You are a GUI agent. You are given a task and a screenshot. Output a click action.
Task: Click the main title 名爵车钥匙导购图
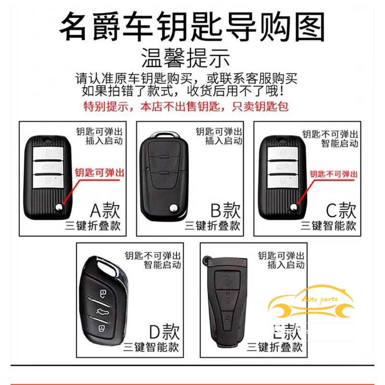pyautogui.click(x=192, y=26)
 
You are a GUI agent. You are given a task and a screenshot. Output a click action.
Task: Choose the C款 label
pyautogui.click(x=341, y=210)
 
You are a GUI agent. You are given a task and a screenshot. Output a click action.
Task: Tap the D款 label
pyautogui.click(x=164, y=332)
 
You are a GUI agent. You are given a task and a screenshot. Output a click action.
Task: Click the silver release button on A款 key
pyautogui.click(x=58, y=206)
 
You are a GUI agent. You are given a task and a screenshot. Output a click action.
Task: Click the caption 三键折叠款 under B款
pyautogui.click(x=212, y=226)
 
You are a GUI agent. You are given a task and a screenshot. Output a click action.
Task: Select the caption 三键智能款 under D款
pyautogui.click(x=151, y=346)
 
